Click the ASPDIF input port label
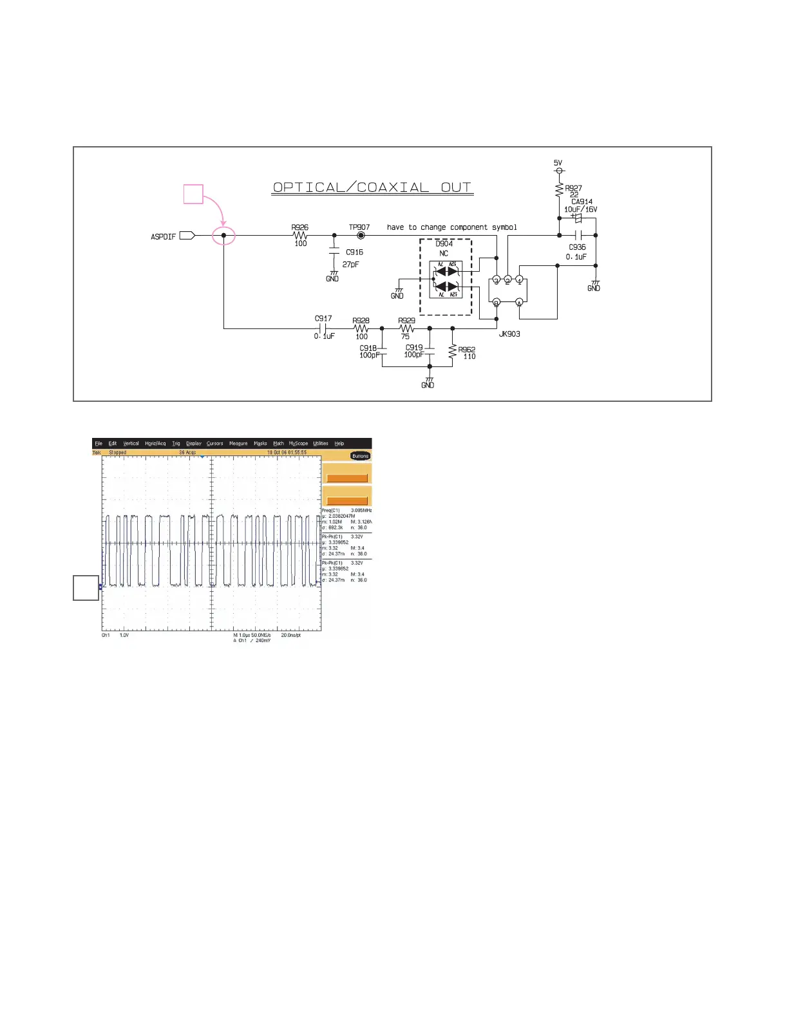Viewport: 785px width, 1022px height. pyautogui.click(x=163, y=236)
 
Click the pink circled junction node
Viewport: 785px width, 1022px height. pyautogui.click(x=223, y=236)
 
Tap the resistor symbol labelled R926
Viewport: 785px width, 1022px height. pyautogui.click(x=300, y=236)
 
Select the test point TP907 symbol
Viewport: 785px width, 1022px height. pyautogui.click(x=361, y=236)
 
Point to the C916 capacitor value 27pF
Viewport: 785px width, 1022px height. pyautogui.click(x=351, y=265)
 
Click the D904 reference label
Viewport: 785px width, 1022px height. pyautogui.click(x=444, y=244)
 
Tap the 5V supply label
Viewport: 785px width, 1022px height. pyautogui.click(x=558, y=163)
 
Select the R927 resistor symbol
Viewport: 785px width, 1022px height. pyautogui.click(x=559, y=189)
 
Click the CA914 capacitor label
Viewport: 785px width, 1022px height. pyautogui.click(x=582, y=202)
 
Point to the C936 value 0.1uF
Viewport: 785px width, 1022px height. pyautogui.click(x=576, y=257)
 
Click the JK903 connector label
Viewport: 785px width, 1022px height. pyautogui.click(x=509, y=334)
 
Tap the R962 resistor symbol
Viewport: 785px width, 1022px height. pyautogui.click(x=453, y=352)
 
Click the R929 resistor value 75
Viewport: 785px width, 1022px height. pyautogui.click(x=405, y=336)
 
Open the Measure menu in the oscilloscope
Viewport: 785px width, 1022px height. pyautogui.click(x=238, y=444)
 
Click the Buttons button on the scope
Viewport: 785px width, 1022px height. pyautogui.click(x=360, y=456)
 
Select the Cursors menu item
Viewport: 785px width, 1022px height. pyautogui.click(x=214, y=444)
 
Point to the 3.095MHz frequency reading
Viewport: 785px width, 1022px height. pyautogui.click(x=361, y=511)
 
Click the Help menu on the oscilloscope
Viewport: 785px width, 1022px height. pyautogui.click(x=339, y=444)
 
